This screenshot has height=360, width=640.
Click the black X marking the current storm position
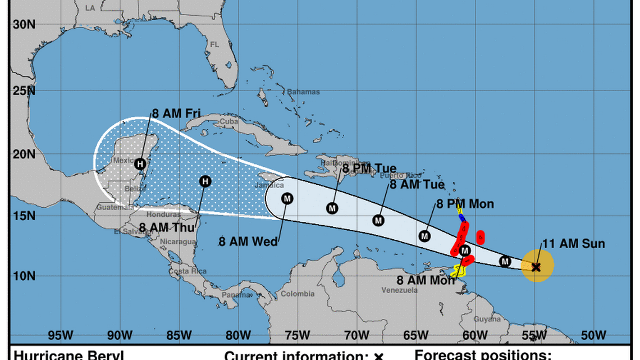536,267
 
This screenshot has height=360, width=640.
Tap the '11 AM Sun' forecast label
573,244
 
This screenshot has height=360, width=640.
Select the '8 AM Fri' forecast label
176,113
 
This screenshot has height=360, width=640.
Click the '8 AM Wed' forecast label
248,241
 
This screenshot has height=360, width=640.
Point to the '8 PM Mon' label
465,204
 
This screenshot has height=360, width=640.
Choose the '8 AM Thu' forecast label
167,227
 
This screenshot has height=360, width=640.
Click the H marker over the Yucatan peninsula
141,164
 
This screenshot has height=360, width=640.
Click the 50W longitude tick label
593,336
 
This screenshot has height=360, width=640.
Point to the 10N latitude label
24,276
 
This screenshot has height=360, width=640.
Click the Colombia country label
297,294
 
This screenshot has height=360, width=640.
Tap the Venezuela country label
399,290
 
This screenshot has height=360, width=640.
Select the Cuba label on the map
213,122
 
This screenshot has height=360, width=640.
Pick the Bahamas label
303,92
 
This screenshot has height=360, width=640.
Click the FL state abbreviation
214,44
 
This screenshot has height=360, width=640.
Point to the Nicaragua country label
179,242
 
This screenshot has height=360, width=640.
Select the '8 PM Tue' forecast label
369,168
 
